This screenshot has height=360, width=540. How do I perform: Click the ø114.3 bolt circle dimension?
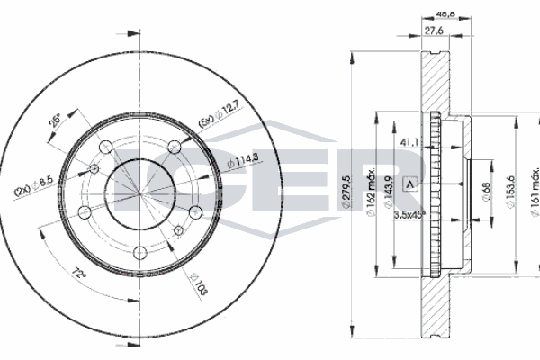243,161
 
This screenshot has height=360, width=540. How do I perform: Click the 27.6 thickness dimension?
435,31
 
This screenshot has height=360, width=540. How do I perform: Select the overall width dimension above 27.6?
443,13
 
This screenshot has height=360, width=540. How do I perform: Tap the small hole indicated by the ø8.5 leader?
94,168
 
